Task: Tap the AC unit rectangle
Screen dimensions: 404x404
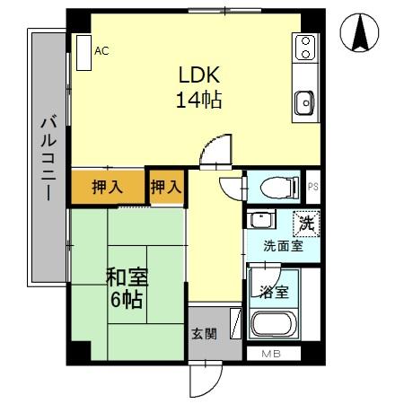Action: [x=84, y=52]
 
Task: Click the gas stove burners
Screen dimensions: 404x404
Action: [x=305, y=45]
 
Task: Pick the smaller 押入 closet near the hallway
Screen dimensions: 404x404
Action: [x=166, y=188]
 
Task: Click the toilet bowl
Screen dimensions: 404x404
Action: [x=273, y=188]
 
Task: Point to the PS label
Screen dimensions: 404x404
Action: [x=312, y=187]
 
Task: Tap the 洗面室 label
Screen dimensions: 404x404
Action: [x=282, y=245]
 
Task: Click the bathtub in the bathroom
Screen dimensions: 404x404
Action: [x=276, y=325]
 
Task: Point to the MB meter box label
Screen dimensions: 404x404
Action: [x=270, y=354]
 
